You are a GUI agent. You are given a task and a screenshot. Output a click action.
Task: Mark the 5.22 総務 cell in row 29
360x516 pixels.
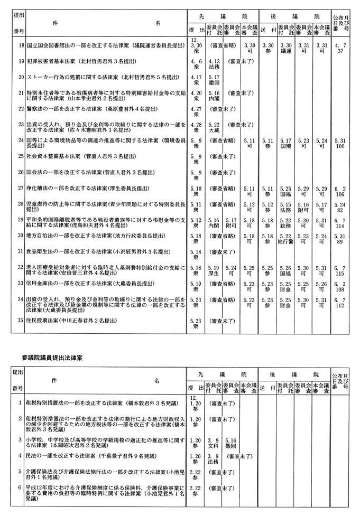(x=286, y=223)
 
